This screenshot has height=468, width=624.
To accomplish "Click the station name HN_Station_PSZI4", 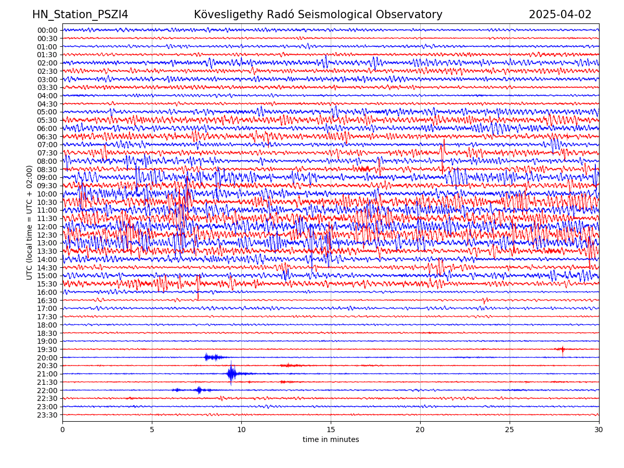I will click(80, 15).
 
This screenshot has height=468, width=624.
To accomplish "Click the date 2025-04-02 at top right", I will click(560, 15).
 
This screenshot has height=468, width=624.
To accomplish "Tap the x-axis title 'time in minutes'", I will click(331, 440).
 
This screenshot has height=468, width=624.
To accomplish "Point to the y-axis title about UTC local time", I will click(30, 222).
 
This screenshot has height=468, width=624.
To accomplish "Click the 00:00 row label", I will click(47, 30).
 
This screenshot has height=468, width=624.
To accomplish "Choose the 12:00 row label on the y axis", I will click(47, 227).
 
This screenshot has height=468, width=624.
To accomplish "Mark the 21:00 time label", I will click(47, 374).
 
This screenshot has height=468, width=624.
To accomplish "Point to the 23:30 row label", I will click(47, 415).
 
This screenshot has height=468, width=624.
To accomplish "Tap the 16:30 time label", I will click(47, 301).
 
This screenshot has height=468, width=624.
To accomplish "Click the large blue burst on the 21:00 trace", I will click(231, 373).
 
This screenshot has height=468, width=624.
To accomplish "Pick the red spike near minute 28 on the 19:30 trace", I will click(562, 349).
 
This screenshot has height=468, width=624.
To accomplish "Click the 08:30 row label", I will click(47, 170).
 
